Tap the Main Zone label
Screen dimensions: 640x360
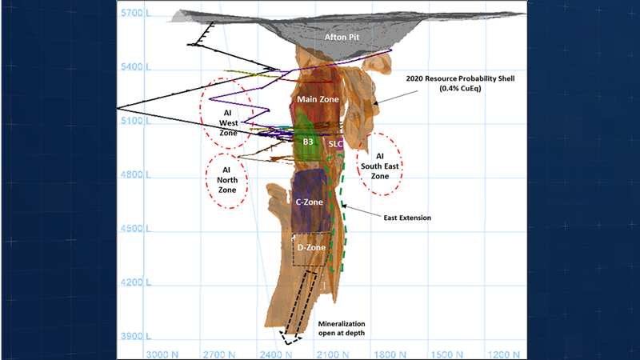pos(318,99)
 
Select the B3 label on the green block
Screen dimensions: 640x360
pos(307,142)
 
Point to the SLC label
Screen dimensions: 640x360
pos(336,144)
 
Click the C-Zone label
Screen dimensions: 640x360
pos(309,202)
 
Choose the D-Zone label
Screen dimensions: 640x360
pos(311,248)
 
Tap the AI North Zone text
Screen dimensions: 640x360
pos(227,180)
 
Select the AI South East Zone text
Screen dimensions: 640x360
pos(380,165)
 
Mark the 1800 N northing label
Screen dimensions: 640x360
pos(392,353)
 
